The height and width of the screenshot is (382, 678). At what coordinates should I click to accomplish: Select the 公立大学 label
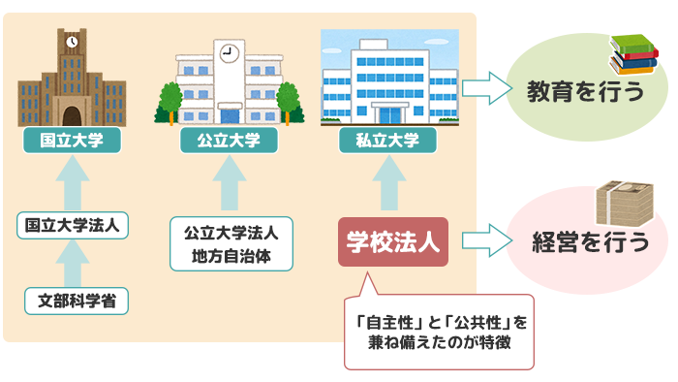229,141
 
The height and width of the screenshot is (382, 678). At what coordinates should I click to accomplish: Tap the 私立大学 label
387,141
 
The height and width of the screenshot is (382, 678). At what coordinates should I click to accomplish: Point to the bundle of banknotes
626,207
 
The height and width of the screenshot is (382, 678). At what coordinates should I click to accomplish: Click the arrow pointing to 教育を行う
486,89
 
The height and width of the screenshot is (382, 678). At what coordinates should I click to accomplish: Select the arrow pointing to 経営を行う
486,241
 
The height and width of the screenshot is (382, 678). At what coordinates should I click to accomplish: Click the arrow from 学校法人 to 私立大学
387,184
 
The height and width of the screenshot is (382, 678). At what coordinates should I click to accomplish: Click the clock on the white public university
229,54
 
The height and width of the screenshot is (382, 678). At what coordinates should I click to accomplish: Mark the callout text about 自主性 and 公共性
440,332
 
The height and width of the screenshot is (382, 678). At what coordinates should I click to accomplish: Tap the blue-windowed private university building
386,82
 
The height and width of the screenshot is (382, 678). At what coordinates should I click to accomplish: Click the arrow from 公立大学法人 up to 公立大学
229,184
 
